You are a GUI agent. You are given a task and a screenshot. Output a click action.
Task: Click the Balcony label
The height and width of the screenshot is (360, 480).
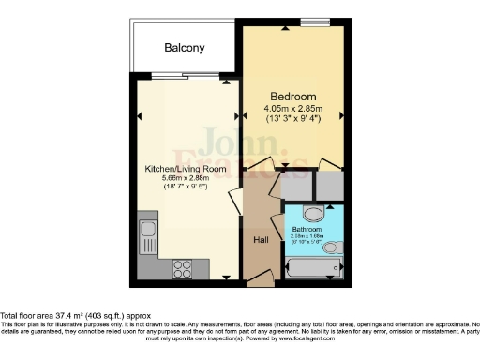pyautogui.click(x=185, y=48)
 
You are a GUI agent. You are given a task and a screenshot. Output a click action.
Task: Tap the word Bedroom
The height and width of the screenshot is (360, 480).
pyautogui.click(x=293, y=97)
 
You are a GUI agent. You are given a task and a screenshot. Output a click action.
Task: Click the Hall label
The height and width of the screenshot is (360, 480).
pyautogui.click(x=262, y=240)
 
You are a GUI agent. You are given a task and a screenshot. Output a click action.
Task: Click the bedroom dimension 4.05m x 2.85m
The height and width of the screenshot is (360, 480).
pyautogui.click(x=293, y=108)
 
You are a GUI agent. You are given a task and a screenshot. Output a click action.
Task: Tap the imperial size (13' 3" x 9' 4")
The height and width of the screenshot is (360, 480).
pyautogui.click(x=293, y=119)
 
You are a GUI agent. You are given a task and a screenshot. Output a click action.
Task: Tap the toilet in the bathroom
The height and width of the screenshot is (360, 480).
pyautogui.click(x=332, y=247)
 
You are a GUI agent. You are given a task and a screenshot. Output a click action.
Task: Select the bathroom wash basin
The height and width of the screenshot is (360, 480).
pyautogui.click(x=314, y=213)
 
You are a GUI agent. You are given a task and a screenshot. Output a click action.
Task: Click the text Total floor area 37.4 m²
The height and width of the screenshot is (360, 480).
pyautogui.click(x=56, y=316)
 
